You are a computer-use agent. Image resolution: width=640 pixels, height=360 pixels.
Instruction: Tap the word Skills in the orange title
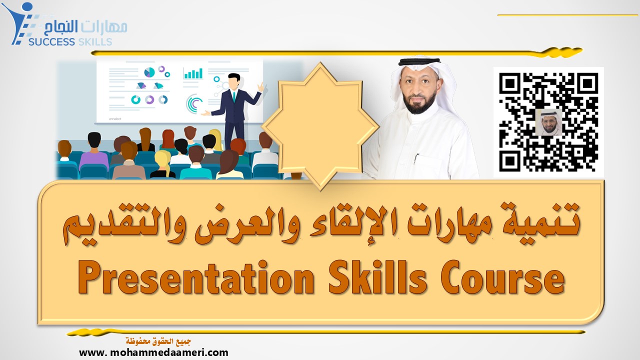coord(377,276)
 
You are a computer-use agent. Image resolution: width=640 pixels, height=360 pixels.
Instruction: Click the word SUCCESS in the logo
coord(51,42)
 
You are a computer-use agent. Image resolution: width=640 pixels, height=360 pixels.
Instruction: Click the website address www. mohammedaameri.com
coord(153,353)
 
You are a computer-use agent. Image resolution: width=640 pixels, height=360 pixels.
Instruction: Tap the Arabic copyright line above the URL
coord(158,341)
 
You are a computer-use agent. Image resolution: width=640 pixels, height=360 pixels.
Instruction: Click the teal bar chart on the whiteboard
coord(193,73)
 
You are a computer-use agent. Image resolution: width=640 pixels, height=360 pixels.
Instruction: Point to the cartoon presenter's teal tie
coord(234,96)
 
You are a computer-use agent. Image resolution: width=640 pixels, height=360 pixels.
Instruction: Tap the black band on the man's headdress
coord(419,61)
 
